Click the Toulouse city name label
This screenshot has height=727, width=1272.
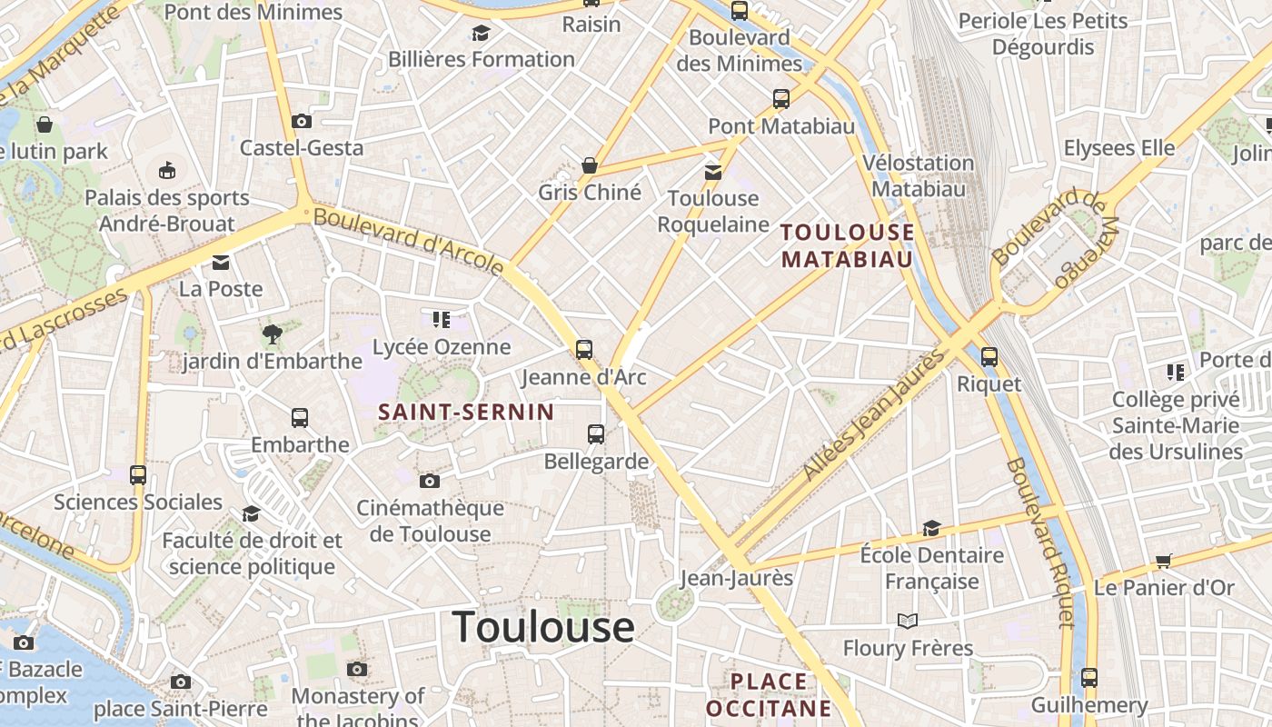click(542, 627)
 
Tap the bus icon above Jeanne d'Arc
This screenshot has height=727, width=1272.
click(584, 349)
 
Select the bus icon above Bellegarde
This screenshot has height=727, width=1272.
click(596, 434)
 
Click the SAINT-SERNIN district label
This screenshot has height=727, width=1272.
click(466, 412)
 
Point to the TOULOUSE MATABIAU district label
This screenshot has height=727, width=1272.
click(848, 245)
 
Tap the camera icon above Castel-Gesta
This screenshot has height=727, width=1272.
click(302, 121)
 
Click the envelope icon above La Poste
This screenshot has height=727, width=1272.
click(221, 263)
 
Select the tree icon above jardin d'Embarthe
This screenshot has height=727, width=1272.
click(271, 334)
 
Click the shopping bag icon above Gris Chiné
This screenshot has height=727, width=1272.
click(590, 165)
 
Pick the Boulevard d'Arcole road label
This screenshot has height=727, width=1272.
click(409, 241)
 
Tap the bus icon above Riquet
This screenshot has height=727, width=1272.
click(989, 357)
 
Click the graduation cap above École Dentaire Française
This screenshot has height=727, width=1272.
click(931, 528)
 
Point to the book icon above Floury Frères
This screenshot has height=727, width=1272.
click(908, 622)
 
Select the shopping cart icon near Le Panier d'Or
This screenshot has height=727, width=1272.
click(1164, 562)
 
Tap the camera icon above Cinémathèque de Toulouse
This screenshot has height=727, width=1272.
click(430, 481)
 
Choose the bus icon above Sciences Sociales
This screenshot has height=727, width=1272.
click(138, 474)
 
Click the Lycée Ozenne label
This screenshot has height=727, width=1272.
click(442, 347)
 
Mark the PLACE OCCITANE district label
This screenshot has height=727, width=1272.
click(769, 694)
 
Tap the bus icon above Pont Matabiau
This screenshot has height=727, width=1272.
click(781, 99)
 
